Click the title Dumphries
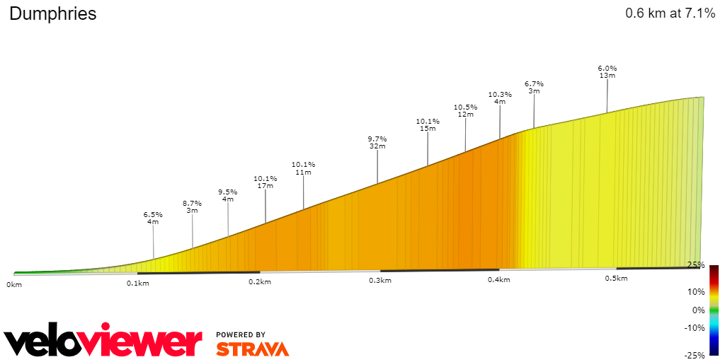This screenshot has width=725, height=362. point(53,14)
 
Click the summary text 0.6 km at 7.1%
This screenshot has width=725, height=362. point(670,13)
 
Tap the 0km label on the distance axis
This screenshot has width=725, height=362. point(14,284)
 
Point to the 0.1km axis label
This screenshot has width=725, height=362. point(137,284)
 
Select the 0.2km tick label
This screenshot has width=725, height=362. point(260,282)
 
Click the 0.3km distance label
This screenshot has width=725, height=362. point(380,281)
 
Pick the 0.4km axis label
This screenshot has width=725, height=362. point(499,280)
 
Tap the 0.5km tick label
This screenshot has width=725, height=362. point(616,279)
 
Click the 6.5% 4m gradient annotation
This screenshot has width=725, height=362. point(153,218)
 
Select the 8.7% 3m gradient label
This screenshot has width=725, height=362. point(192,206)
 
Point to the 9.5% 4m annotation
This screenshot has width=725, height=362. point(228,195)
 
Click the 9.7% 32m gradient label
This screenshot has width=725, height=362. point(377,142)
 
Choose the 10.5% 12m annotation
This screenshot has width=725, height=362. point(465,110)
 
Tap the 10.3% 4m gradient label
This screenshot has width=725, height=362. point(500,98)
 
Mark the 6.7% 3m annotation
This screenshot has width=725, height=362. point(534,87)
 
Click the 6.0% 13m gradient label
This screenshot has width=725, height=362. point(607,71)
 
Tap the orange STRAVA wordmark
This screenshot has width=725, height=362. point(253,349)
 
